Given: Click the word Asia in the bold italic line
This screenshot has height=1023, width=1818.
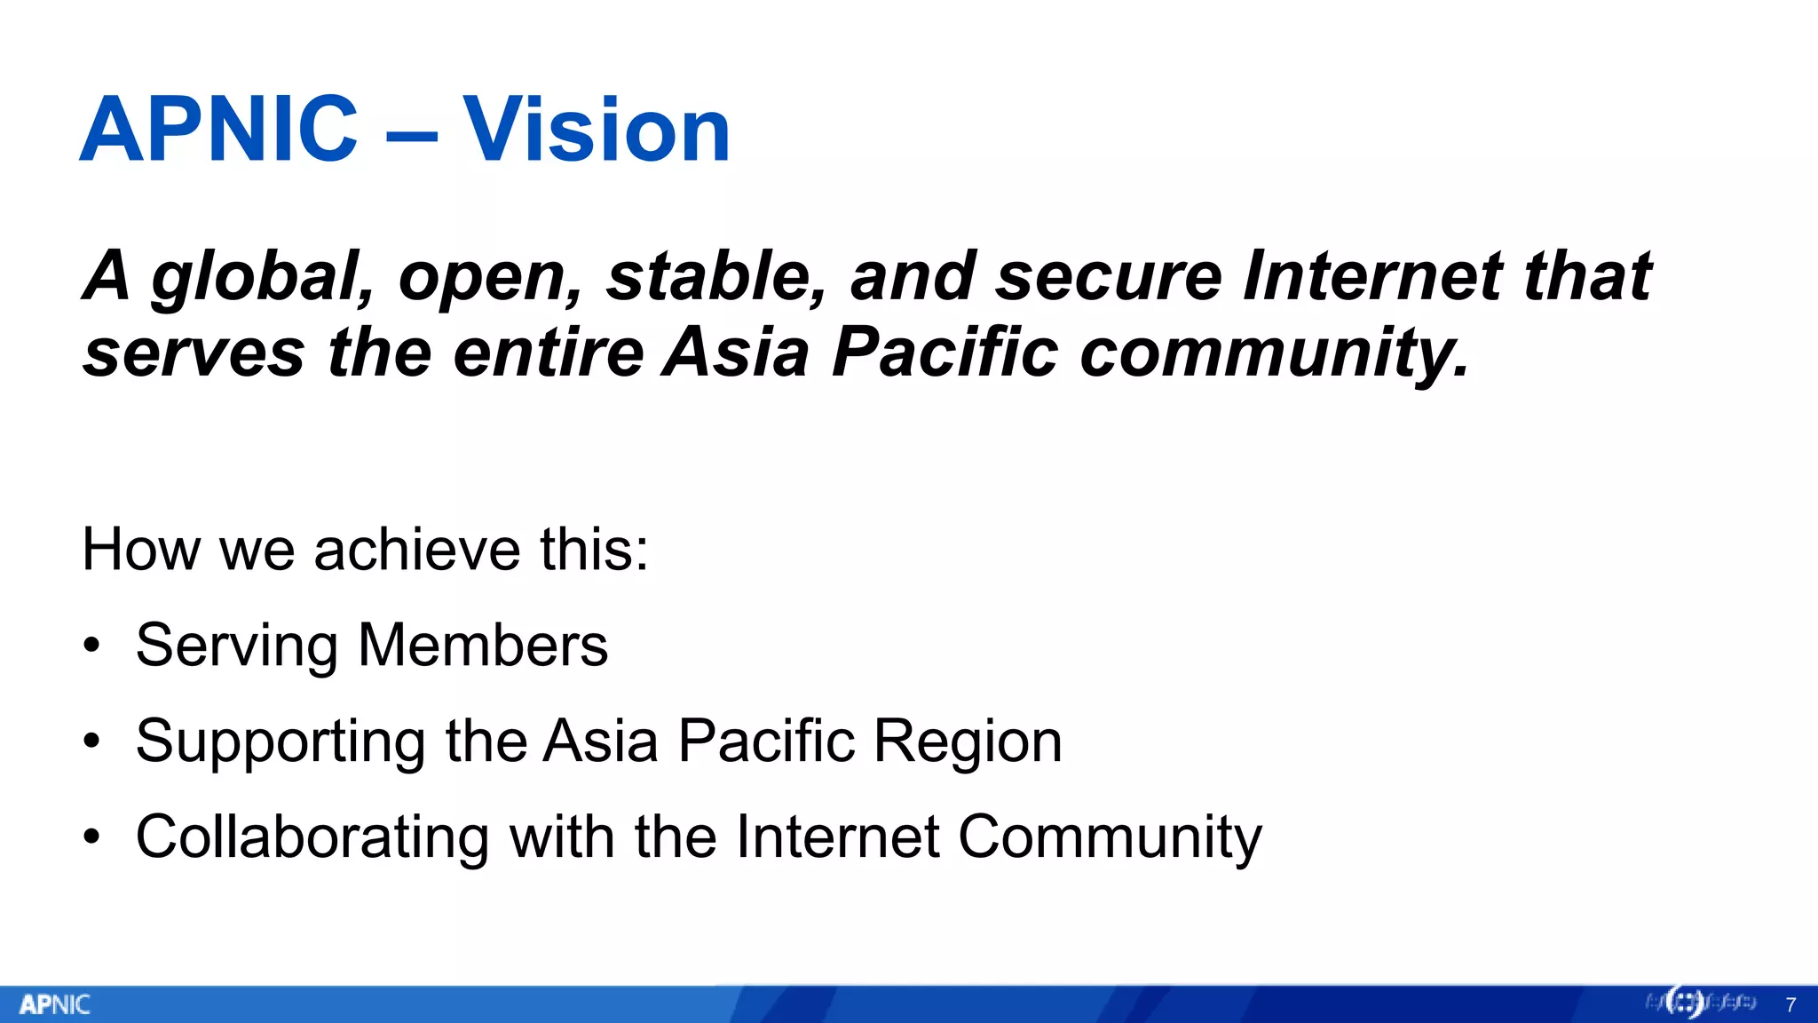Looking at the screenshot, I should pyautogui.click(x=736, y=352).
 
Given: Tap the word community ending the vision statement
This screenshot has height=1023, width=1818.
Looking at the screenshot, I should pyautogui.click(x=1273, y=353).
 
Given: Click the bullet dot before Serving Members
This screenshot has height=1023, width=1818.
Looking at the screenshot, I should pyautogui.click(x=91, y=646).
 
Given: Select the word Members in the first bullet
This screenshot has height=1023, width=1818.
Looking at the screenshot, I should pyautogui.click(x=483, y=645).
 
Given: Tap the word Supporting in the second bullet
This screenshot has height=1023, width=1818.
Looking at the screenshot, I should pyautogui.click(x=281, y=742).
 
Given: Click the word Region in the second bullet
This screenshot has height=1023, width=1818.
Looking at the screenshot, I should pyautogui.click(x=968, y=742).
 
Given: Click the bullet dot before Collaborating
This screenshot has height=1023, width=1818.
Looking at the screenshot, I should pyautogui.click(x=91, y=837).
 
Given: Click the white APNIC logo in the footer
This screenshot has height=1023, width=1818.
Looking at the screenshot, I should pyautogui.click(x=55, y=1004).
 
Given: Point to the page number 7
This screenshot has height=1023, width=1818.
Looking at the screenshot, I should pyautogui.click(x=1790, y=1005).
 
